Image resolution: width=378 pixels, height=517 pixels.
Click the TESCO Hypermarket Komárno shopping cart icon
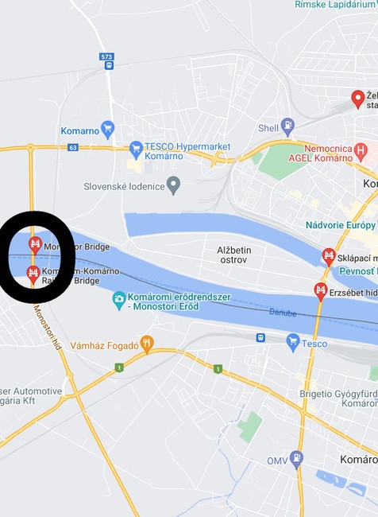(x=136, y=148)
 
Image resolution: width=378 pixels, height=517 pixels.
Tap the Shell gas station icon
(x=287, y=125)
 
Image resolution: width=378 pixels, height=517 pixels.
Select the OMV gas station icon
(x=296, y=458)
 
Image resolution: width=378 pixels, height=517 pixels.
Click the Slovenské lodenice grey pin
(x=174, y=185)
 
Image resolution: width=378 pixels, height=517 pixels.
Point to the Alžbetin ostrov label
(x=233, y=255)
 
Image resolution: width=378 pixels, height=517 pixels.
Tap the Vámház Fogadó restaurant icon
(x=147, y=344)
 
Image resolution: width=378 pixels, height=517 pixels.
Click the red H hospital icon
(x=361, y=149)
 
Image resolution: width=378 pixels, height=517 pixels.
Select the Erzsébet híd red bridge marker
(x=321, y=290)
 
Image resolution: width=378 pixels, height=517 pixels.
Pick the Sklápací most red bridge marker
(x=329, y=256)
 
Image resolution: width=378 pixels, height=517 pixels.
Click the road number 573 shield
(x=106, y=56)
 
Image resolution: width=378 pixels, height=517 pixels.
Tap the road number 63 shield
(x=73, y=147)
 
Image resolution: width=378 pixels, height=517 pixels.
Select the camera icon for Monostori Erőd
(x=119, y=299)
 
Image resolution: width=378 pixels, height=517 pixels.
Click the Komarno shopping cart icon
(x=108, y=129)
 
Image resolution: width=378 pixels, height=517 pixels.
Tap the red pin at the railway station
(x=358, y=99)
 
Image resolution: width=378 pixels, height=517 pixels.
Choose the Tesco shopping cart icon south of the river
(x=293, y=343)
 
